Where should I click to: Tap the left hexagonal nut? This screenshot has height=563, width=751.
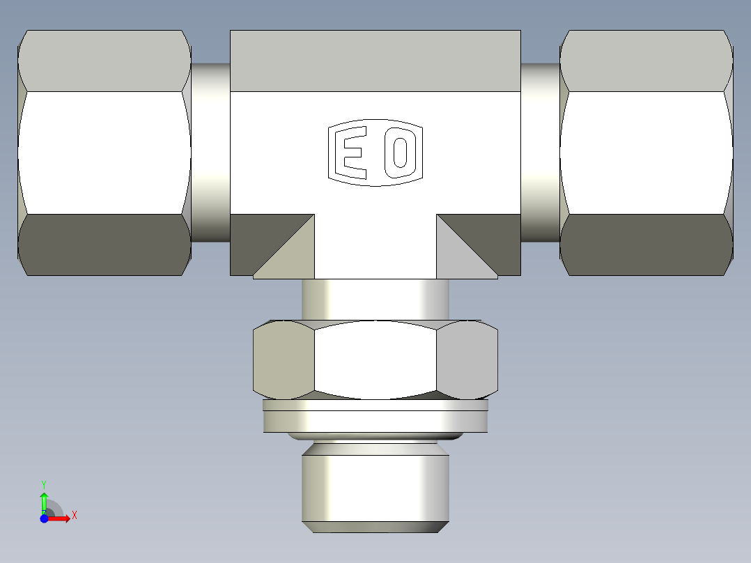pyautogui.click(x=104, y=153)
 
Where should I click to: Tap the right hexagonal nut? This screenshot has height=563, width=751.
pyautogui.click(x=647, y=153)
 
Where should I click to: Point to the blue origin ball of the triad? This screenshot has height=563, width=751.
pyautogui.click(x=44, y=518)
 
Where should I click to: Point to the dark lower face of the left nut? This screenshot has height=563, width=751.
pyautogui.click(x=104, y=245)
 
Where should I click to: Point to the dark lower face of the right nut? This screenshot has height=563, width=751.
pyautogui.click(x=647, y=245)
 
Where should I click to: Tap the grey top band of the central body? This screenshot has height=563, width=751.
pyautogui.click(x=375, y=61)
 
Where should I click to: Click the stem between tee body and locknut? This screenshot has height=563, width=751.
pyautogui.click(x=375, y=299)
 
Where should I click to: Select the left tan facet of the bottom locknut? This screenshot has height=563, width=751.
pyautogui.click(x=283, y=360)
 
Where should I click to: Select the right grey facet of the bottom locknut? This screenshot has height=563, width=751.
pyautogui.click(x=467, y=360)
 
